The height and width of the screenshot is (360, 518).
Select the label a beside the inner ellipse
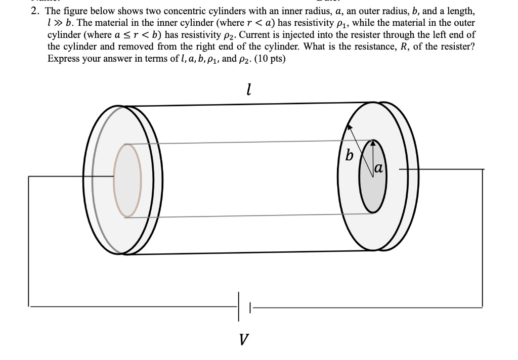click(379, 168)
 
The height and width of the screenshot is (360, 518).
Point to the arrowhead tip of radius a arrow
click(373, 141)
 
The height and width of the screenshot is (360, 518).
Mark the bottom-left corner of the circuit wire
click(29, 306)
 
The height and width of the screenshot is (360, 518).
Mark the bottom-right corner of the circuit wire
click(482, 306)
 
